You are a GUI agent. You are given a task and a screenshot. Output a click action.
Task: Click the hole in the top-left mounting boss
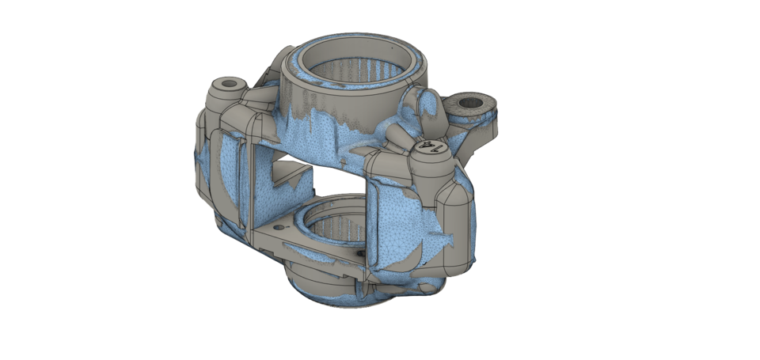(x=230, y=84)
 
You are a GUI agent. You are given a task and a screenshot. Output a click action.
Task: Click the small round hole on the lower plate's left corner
(x=278, y=227)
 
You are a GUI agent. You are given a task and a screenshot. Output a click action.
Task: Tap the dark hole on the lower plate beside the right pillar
(x=360, y=253)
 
